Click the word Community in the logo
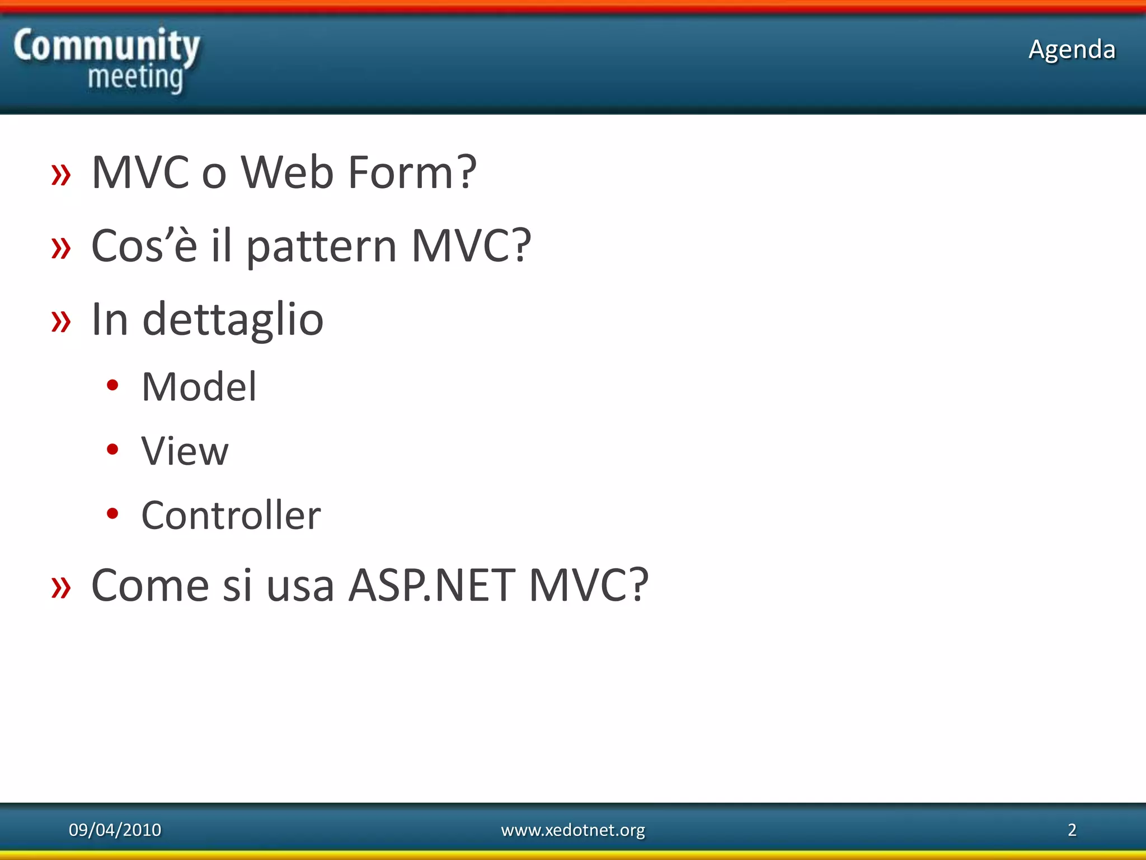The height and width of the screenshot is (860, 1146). point(106,46)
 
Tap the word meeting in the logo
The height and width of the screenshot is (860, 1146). point(135,77)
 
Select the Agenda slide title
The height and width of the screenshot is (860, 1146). point(1072,49)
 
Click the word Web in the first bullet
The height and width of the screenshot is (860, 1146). point(287,172)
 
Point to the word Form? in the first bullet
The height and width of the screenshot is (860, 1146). point(412,172)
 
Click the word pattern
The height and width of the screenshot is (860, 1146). point(321,246)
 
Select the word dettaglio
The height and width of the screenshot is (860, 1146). point(233,320)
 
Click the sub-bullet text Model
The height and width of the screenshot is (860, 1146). point(199,387)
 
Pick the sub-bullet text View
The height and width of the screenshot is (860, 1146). point(185,451)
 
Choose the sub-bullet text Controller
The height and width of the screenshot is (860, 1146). point(231,515)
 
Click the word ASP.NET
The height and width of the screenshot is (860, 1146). point(431,585)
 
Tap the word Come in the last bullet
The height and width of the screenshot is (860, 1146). point(150,585)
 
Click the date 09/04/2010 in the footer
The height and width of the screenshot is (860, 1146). point(115,829)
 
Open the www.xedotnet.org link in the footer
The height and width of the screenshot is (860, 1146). point(572,829)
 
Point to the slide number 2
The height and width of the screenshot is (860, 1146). point(1072,829)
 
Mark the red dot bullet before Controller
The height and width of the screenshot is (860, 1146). point(112,513)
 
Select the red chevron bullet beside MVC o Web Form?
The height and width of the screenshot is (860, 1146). point(61,175)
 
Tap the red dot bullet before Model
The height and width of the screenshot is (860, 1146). point(112,385)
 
